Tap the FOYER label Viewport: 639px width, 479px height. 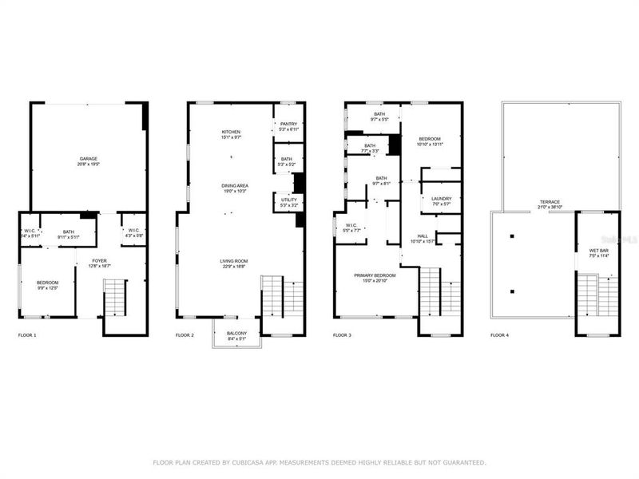(100, 261)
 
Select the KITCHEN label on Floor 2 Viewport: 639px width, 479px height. (231, 132)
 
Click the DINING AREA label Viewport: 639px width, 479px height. (235, 185)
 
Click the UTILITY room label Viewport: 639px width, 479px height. (288, 200)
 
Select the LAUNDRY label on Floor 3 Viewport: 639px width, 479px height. (442, 199)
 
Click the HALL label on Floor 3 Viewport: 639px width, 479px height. (423, 236)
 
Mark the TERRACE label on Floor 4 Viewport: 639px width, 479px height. (550, 201)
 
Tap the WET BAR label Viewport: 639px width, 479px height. (598, 251)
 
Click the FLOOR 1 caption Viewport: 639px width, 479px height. (27, 335)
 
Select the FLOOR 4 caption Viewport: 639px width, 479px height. (499, 335)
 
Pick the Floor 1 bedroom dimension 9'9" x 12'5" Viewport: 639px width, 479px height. (47, 288)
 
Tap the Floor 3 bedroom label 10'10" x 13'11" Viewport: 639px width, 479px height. (430, 144)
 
